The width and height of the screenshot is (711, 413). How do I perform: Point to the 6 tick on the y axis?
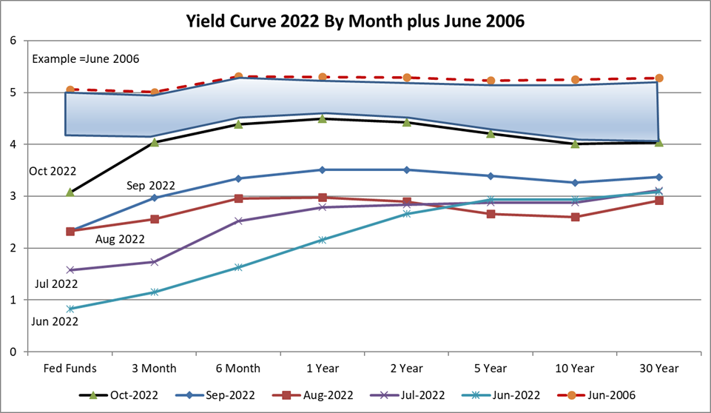click(13, 41)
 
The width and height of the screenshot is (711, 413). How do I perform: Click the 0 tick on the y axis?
click(13, 352)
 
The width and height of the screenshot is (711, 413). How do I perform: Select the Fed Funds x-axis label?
click(70, 367)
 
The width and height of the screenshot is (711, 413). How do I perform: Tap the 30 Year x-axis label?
click(658, 367)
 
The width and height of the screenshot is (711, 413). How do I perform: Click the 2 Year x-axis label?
click(406, 367)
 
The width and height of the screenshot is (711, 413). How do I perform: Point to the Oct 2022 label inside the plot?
click(52, 171)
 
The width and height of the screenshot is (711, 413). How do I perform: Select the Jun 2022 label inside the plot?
click(53, 321)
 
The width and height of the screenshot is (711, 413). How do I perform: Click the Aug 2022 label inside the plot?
click(120, 239)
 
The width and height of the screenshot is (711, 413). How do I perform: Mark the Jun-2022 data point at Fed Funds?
click(70, 309)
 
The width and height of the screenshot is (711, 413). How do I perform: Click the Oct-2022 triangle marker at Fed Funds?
click(70, 192)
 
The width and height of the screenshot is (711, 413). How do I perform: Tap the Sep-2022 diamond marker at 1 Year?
click(323, 169)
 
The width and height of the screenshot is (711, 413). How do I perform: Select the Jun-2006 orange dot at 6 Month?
click(238, 76)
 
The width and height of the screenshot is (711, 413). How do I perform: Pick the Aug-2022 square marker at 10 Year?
click(575, 217)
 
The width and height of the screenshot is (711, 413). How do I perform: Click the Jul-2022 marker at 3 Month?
click(154, 262)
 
